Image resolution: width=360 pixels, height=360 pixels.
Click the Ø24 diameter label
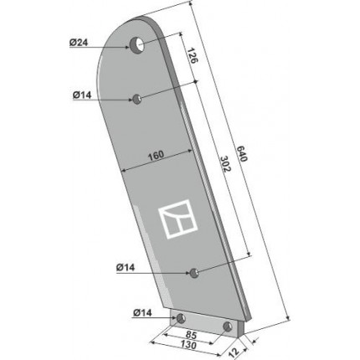[79, 43]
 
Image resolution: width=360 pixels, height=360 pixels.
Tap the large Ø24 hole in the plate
[136, 45]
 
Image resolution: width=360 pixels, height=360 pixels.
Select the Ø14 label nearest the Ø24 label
[82, 95]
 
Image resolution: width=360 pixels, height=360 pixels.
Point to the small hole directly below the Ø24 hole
[136, 99]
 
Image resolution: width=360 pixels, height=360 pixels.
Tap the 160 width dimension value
[156, 155]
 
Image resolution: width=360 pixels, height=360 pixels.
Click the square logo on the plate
[178, 219]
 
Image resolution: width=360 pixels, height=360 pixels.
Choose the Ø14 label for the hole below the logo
[126, 268]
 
